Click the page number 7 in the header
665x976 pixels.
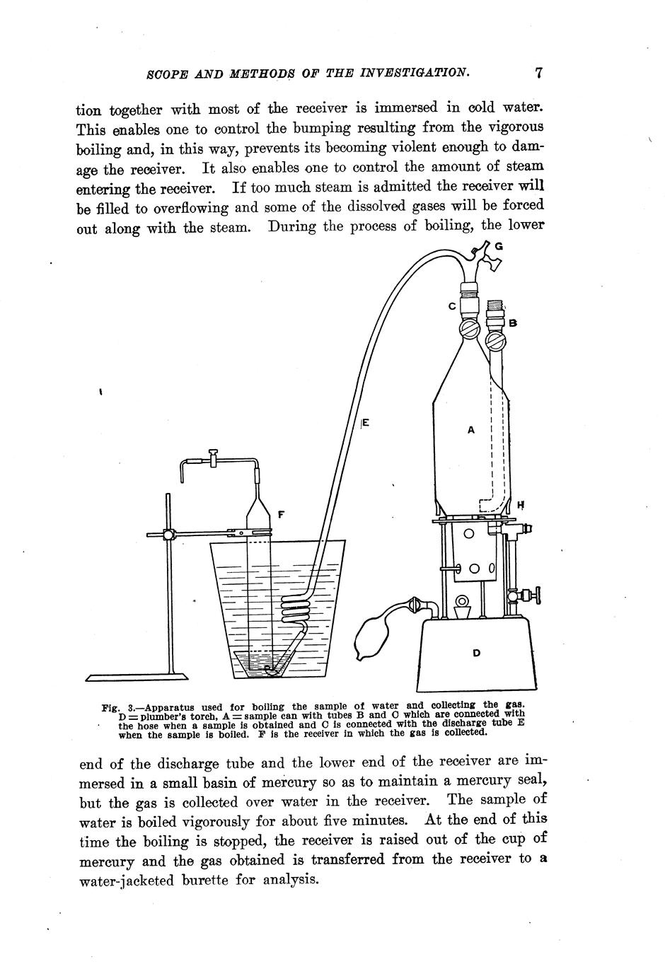(539, 72)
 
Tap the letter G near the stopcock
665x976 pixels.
(499, 246)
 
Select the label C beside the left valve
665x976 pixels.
(451, 306)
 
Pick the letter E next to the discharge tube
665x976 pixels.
(366, 424)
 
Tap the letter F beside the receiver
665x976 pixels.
(281, 515)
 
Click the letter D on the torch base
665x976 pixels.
(476, 653)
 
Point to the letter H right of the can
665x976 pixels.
(520, 505)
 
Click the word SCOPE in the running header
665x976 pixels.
(163, 73)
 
